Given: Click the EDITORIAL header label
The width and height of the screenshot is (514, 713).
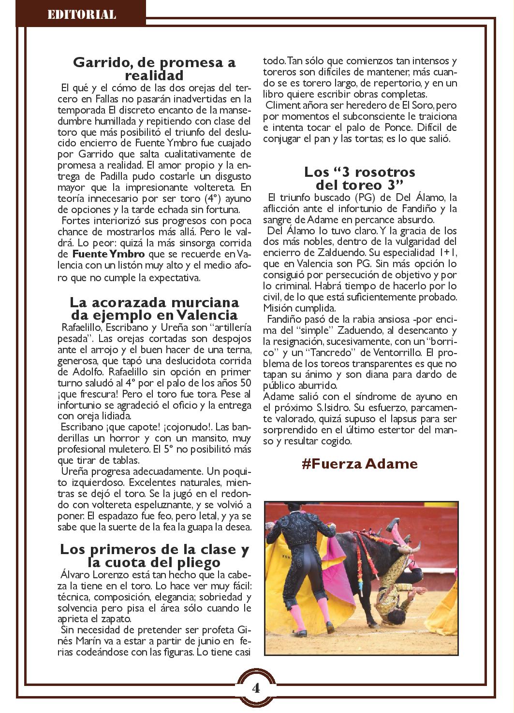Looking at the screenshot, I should [x=81, y=14].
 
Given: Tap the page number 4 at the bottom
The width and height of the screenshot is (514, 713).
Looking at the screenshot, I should [x=256, y=688].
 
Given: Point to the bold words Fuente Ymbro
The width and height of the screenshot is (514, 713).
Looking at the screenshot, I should [x=102, y=254].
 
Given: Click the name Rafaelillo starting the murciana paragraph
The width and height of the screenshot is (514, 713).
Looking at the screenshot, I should [x=79, y=326].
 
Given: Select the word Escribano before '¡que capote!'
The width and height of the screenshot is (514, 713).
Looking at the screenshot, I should [x=81, y=428].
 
